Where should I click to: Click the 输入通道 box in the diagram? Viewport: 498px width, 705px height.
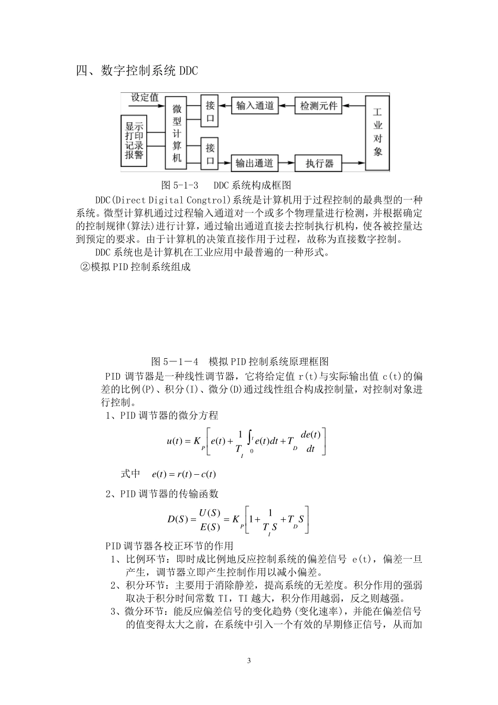click(x=255, y=106)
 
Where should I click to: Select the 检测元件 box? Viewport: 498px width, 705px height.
click(x=318, y=106)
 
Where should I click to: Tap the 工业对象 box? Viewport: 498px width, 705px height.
click(x=377, y=133)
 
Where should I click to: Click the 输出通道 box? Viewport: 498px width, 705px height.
click(x=255, y=163)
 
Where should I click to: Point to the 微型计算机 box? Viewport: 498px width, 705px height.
click(x=177, y=133)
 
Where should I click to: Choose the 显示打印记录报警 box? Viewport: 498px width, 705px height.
click(x=134, y=140)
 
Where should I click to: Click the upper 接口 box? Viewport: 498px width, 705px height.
click(x=210, y=111)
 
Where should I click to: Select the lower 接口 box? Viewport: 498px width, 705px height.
click(x=210, y=154)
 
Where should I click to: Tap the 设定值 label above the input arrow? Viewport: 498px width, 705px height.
click(x=145, y=97)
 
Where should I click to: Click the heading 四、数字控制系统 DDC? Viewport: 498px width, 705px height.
click(x=137, y=70)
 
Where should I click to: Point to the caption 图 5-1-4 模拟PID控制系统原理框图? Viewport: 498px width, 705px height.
click(x=240, y=361)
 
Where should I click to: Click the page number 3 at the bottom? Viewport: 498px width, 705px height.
click(x=249, y=660)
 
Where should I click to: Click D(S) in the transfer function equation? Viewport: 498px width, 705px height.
click(x=178, y=519)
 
